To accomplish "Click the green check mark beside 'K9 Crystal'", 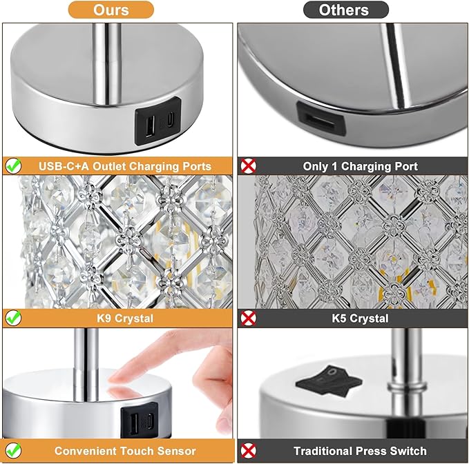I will (13, 318).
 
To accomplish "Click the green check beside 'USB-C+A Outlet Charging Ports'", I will (13, 165).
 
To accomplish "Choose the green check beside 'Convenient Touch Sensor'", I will (13, 452).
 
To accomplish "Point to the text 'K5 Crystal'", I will (360, 319).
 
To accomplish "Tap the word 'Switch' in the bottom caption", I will (408, 452).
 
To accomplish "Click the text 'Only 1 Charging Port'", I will (360, 166).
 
